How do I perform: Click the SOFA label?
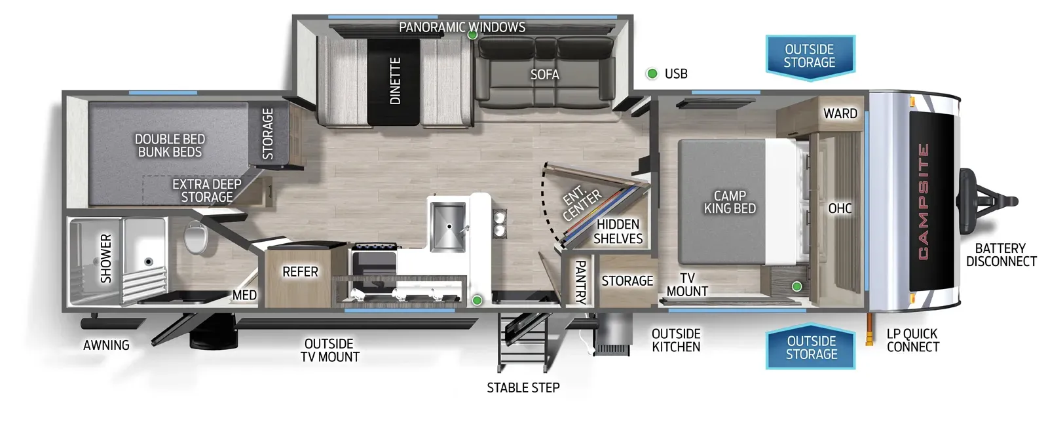pyautogui.click(x=544, y=75)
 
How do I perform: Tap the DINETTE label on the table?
pyautogui.click(x=395, y=81)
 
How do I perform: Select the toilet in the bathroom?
pyautogui.click(x=195, y=237)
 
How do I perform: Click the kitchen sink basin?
pyautogui.click(x=447, y=226)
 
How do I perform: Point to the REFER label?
pyautogui.click(x=300, y=272)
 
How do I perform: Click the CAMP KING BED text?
pyautogui.click(x=730, y=202)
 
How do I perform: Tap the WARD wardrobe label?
pyautogui.click(x=840, y=114)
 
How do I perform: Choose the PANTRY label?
pyautogui.click(x=580, y=282)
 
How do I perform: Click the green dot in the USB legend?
pyautogui.click(x=652, y=74)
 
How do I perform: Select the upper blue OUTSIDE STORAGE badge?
pyautogui.click(x=810, y=56)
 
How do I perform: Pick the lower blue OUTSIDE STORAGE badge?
pyautogui.click(x=811, y=348)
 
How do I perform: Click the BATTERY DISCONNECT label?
pyautogui.click(x=1001, y=255)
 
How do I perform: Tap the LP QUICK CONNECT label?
pyautogui.click(x=912, y=341)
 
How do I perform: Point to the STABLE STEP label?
pyautogui.click(x=523, y=388)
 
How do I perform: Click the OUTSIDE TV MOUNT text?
pyautogui.click(x=329, y=351)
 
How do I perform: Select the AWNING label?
pyautogui.click(x=106, y=345)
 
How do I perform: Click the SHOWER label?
pyautogui.click(x=106, y=259)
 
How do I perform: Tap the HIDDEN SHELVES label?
pyautogui.click(x=618, y=232)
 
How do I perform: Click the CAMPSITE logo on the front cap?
pyautogui.click(x=924, y=201)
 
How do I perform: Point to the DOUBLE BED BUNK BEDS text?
pyautogui.click(x=170, y=145)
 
